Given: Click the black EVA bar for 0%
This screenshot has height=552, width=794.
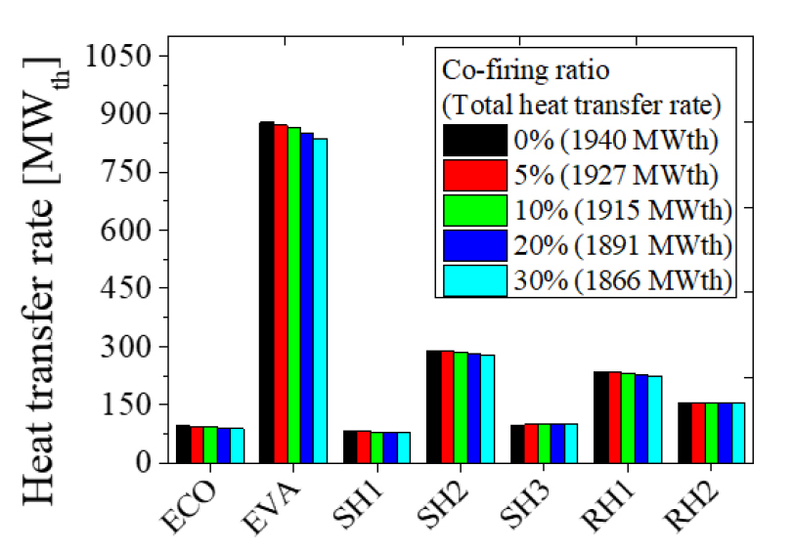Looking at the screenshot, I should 266,292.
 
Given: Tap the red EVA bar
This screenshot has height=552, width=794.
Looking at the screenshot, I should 280,293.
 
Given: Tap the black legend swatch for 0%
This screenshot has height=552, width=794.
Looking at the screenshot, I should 474,140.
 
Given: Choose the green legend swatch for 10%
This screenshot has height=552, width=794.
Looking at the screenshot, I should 474,210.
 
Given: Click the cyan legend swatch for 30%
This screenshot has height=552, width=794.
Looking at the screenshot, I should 474,280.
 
